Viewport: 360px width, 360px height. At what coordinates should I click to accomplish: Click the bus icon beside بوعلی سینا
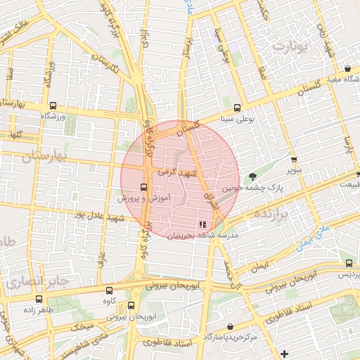237,108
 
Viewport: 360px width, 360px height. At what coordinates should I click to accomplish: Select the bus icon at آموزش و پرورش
144,187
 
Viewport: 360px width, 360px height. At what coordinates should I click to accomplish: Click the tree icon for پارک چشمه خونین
253,176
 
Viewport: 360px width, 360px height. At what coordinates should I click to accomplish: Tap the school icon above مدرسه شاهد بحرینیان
203,224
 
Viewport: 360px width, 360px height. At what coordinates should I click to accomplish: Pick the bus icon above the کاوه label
108,290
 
